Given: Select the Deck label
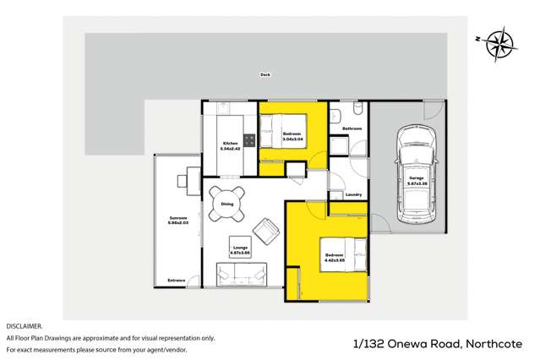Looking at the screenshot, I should click(x=265, y=75).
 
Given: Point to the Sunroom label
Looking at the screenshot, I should click(x=177, y=218).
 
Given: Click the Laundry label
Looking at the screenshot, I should click(x=353, y=195).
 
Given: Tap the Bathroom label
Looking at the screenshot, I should click(x=352, y=128).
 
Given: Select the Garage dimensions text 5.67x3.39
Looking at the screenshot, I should click(x=417, y=182).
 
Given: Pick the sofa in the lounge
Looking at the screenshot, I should click(x=239, y=272).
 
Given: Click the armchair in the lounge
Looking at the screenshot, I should click(x=266, y=229).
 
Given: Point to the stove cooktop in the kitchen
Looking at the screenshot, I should click(x=249, y=140).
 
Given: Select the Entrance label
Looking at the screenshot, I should click(x=176, y=280).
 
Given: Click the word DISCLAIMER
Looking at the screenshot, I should click(x=24, y=325).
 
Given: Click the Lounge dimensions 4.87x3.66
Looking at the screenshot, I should click(x=240, y=253).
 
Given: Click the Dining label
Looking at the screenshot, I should click(x=227, y=204).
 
